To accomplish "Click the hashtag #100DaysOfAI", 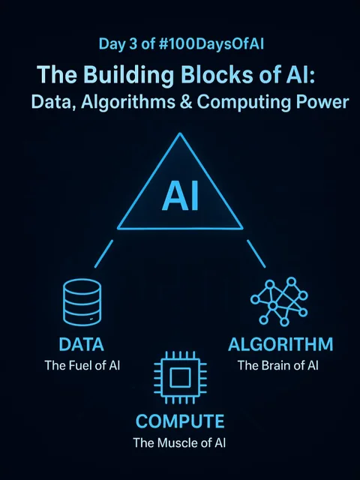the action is (211, 44).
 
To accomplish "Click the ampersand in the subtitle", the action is (187, 102).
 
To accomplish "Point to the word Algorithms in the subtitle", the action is (128, 103).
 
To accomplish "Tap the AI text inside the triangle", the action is (180, 196).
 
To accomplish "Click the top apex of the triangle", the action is (180, 133).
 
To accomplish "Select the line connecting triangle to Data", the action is (103, 253).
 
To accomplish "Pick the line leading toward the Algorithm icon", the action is (256, 253).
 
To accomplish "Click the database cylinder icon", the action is (82, 302).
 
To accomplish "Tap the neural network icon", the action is (279, 301).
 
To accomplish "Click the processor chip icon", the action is (180, 377).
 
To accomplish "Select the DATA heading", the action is (82, 344).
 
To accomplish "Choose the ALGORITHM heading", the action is (280, 344).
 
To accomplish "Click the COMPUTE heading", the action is (180, 421).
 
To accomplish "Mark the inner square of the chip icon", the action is (180, 377).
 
